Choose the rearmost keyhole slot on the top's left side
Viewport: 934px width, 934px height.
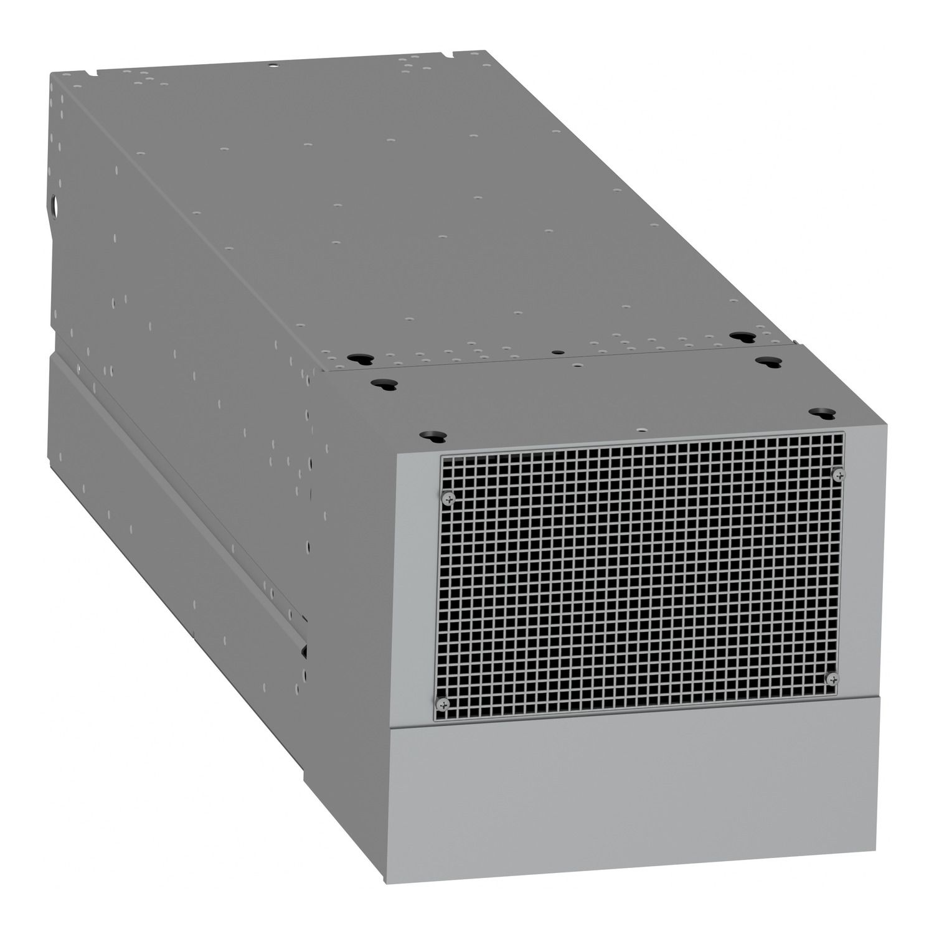(357, 359)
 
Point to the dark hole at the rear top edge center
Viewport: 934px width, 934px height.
(272, 64)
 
